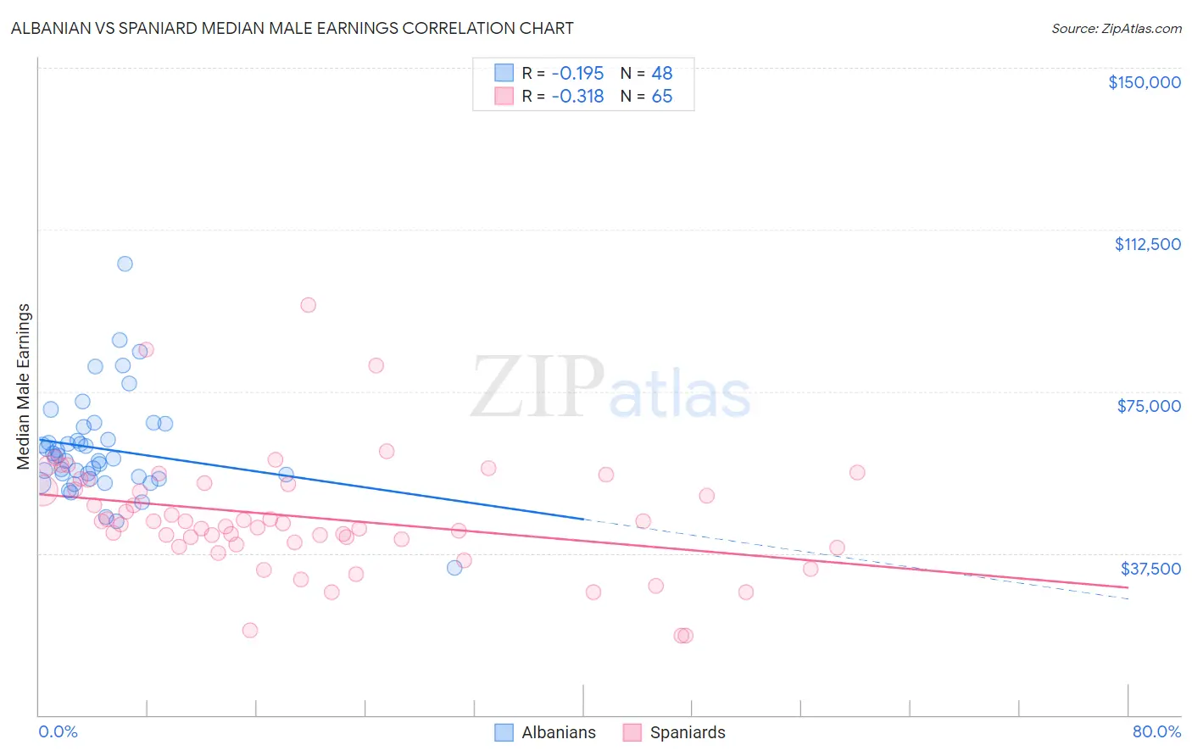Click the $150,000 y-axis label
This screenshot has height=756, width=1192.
[1144, 82]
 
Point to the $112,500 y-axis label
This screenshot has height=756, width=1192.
[1147, 244]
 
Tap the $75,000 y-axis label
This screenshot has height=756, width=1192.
[1149, 406]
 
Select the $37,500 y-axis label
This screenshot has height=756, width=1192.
[1150, 569]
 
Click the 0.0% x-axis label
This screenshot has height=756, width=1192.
[58, 732]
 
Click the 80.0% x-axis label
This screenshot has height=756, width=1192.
[1156, 732]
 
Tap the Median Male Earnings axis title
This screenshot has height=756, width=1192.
[23, 386]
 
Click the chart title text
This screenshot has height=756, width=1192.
[292, 28]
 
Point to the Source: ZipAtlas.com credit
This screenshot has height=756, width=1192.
[1116, 29]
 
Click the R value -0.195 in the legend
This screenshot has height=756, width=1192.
[577, 74]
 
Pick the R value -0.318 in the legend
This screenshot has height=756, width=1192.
[577, 97]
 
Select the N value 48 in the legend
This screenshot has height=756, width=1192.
[661, 74]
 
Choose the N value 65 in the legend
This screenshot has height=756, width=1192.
[661, 97]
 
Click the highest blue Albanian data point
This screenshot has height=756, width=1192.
[125, 264]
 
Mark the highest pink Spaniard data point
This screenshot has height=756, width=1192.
[308, 305]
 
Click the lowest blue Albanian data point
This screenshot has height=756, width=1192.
[454, 568]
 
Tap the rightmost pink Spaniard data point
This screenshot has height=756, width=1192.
[857, 473]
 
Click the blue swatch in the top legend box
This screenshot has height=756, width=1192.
[504, 74]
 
